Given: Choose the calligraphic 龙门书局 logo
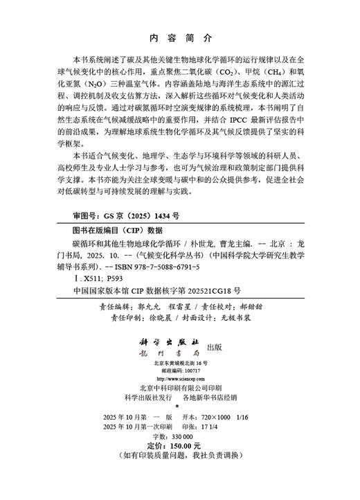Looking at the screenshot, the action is (173, 354).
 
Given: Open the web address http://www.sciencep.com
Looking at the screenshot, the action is (182, 380).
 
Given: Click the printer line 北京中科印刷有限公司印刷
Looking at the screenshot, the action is (180, 389).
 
